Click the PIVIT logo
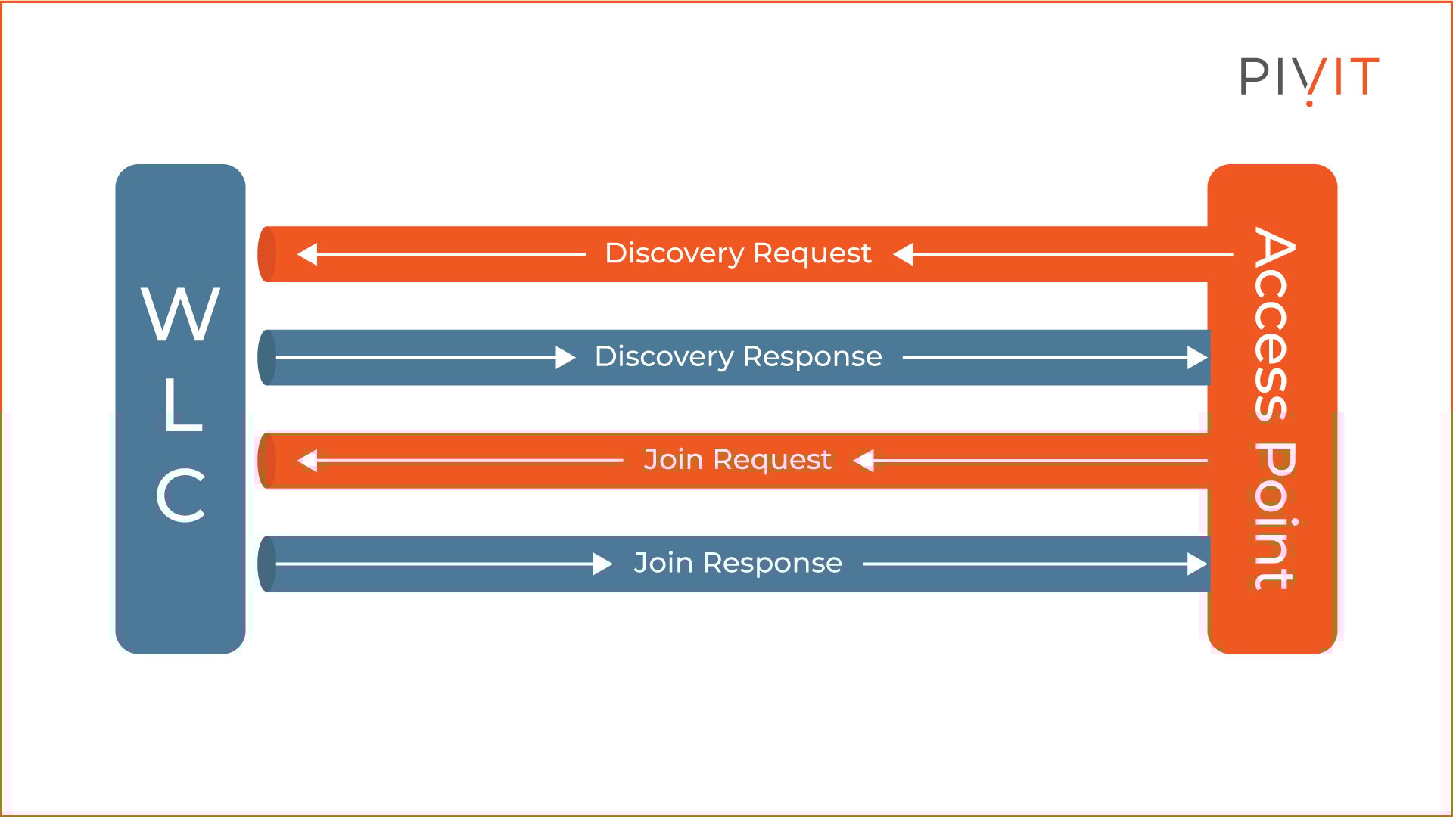(1309, 77)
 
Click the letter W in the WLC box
(180, 314)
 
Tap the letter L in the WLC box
(183, 405)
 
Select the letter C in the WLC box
(181, 495)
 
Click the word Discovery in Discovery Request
(674, 253)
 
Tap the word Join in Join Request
(674, 459)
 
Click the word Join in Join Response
(663, 562)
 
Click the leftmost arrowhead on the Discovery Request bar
(306, 254)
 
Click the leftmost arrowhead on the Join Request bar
(306, 460)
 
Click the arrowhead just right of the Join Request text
(863, 460)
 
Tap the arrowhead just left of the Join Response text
(602, 564)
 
